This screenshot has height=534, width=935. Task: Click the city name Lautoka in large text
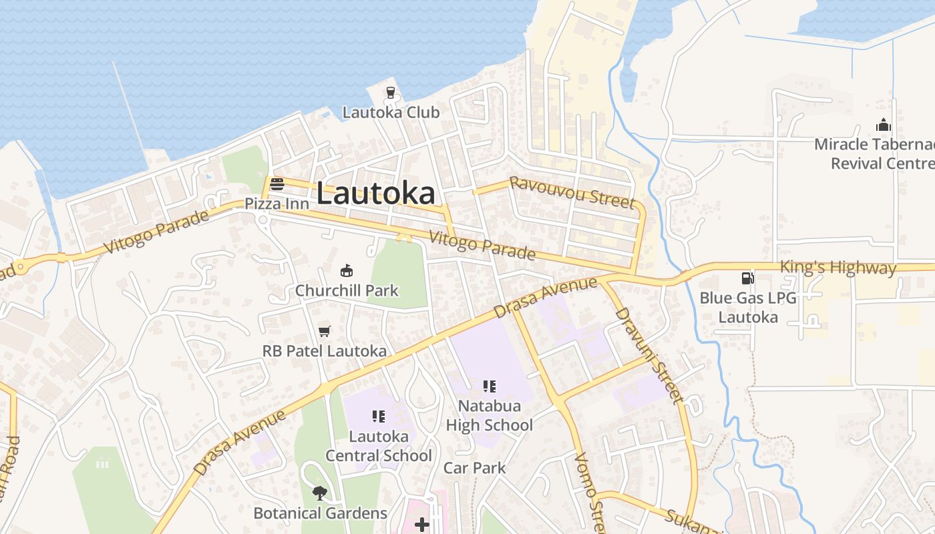[375, 194]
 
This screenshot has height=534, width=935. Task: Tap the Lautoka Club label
[391, 112]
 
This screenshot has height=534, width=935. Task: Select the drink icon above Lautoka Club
[391, 93]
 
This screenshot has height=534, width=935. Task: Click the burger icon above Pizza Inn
[277, 184]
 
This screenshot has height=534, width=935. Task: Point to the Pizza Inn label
[277, 204]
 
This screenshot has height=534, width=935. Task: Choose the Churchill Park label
[347, 290]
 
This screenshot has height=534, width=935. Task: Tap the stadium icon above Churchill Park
[347, 271]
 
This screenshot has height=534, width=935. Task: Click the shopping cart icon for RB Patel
[325, 331]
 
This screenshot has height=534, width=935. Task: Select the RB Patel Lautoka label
[325, 350]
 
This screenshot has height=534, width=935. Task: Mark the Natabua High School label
[489, 415]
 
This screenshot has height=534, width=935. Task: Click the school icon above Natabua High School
[490, 386]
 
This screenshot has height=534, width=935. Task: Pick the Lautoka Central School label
[379, 446]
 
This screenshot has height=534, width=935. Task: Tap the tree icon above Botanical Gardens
[320, 493]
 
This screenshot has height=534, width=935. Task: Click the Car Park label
[475, 468]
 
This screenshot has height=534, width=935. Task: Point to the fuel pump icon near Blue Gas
[747, 278]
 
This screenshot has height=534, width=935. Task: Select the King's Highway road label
[838, 268]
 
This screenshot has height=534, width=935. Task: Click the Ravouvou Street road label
[572, 192]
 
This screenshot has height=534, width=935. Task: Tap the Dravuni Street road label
[650, 354]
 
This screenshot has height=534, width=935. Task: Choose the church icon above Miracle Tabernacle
[884, 125]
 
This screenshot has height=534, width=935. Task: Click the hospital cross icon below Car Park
[422, 525]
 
